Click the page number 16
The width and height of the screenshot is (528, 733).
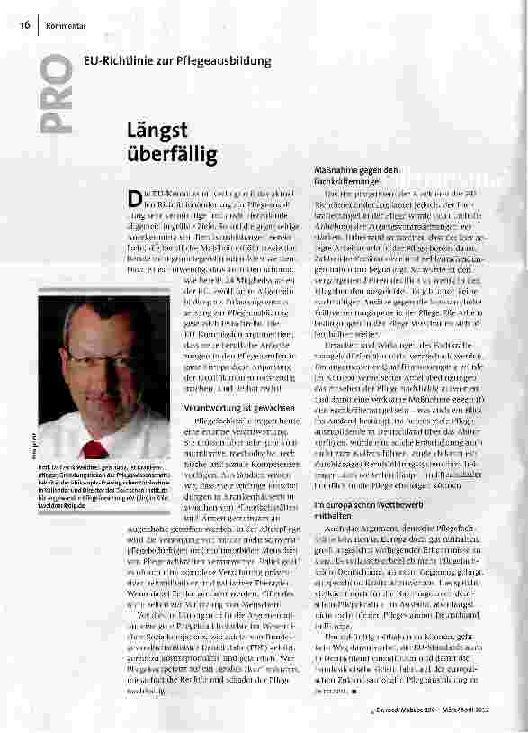(x=25, y=24)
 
